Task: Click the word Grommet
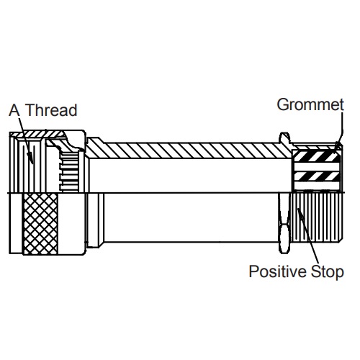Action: tap(310, 105)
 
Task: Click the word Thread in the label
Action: tap(51, 110)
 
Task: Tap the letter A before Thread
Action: tap(14, 110)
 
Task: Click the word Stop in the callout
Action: tap(328, 272)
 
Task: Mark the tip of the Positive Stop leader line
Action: tap(298, 209)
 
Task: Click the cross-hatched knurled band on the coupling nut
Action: tap(40, 224)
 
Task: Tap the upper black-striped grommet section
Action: tap(316, 156)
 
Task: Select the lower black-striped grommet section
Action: tap(317, 176)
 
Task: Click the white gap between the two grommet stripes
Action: tap(317, 167)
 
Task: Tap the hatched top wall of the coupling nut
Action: tap(43, 134)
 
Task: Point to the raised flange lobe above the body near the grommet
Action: tap(284, 138)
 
